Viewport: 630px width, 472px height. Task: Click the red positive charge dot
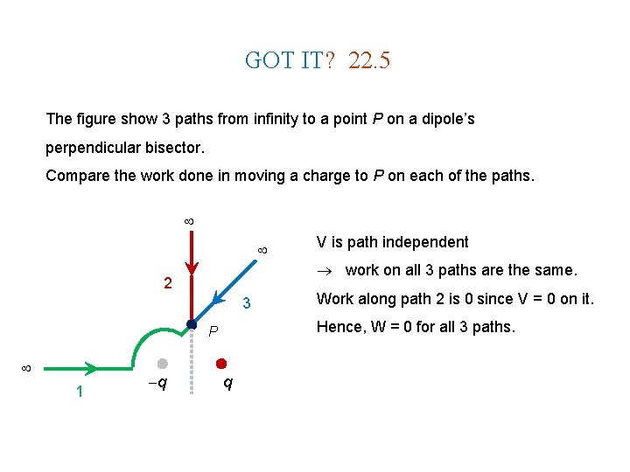(x=221, y=363)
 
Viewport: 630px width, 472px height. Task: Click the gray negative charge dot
(x=162, y=363)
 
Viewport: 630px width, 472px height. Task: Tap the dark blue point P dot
(x=192, y=325)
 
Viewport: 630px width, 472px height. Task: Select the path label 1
(x=80, y=392)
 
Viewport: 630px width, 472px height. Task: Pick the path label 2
(x=168, y=283)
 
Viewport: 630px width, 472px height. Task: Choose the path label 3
(x=247, y=304)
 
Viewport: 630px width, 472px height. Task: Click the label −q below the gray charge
(x=157, y=384)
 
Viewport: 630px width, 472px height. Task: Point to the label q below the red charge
(x=227, y=384)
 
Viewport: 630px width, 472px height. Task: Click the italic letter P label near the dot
(x=213, y=332)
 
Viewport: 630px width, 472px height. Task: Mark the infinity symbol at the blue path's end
(x=262, y=251)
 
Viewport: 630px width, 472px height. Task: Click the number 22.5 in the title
(x=368, y=60)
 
